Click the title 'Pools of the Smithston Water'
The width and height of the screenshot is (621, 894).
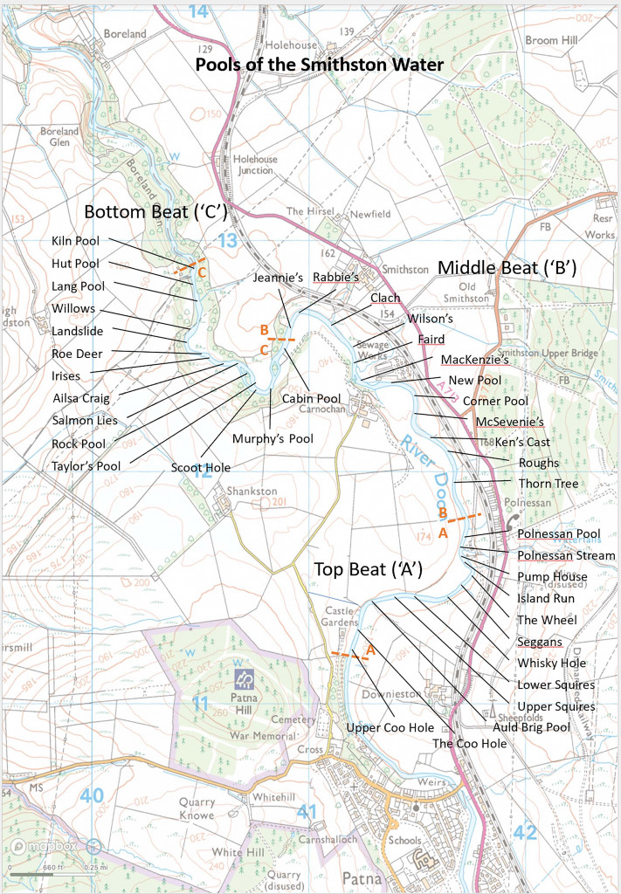point(319,65)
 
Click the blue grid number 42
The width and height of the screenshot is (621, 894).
point(524,832)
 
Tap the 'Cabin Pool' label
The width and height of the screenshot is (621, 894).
point(304,397)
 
